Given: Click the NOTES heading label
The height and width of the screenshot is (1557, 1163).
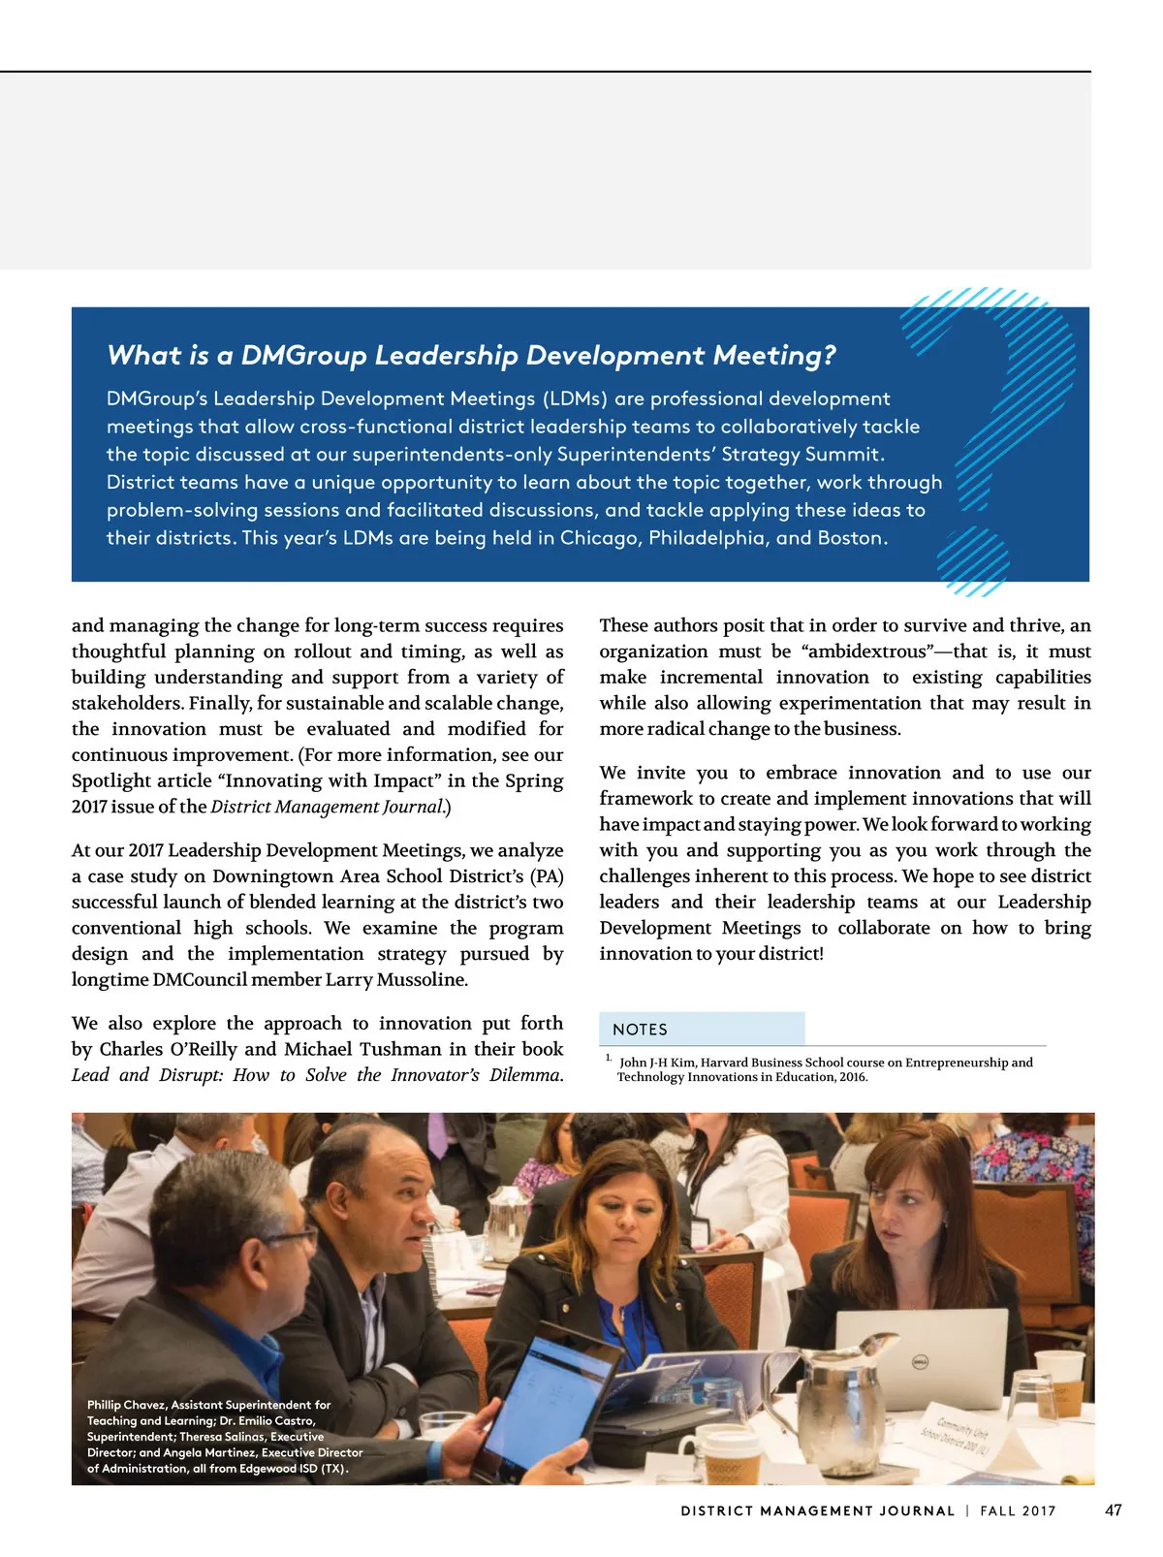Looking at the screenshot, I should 640,1030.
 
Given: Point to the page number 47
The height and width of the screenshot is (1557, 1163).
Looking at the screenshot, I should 1114,1510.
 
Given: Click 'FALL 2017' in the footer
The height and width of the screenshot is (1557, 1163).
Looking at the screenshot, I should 1018,1511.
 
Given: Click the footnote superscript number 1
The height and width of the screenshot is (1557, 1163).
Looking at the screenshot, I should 608,1058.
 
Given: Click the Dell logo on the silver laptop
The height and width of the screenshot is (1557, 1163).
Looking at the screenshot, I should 922,1362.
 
